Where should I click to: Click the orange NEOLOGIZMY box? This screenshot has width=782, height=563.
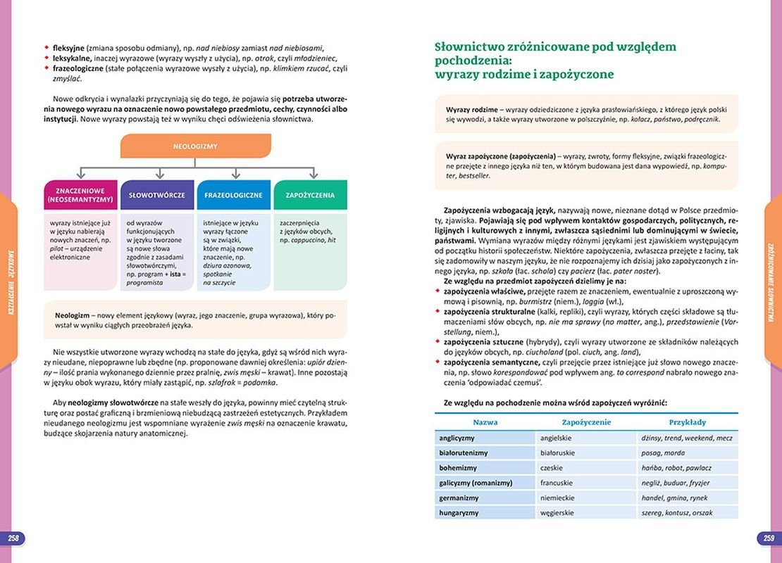(x=195, y=146)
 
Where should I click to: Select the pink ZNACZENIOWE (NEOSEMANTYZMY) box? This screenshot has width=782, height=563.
(x=80, y=195)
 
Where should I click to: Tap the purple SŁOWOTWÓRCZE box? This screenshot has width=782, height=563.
(x=157, y=195)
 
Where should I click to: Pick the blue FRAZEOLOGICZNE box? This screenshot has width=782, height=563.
(x=233, y=195)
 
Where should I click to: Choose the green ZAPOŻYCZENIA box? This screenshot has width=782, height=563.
(x=310, y=195)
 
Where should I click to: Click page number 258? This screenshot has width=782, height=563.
(x=13, y=538)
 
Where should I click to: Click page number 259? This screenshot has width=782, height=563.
(x=769, y=538)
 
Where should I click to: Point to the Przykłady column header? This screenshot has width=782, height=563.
(x=687, y=422)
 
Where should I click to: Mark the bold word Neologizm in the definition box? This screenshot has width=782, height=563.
(x=74, y=315)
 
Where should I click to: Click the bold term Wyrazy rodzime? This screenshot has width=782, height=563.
(x=471, y=110)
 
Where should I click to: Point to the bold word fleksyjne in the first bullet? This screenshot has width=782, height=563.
(x=68, y=48)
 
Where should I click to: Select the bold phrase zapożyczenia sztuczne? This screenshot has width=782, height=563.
(x=481, y=341)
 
